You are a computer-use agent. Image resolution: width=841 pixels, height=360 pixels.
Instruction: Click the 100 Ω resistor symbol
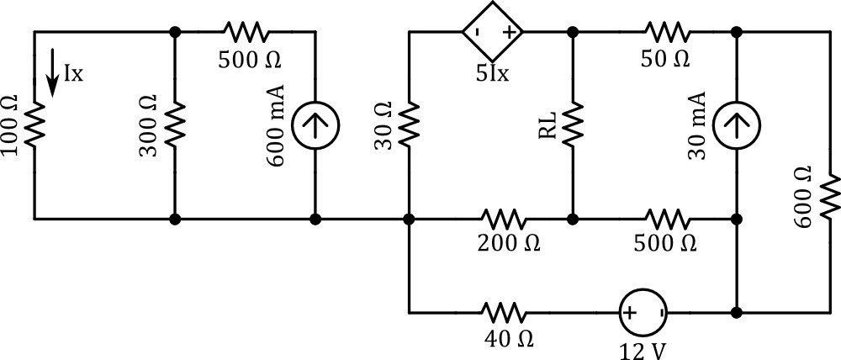click(x=35, y=125)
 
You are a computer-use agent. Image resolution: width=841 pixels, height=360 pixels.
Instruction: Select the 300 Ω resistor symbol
click(x=175, y=125)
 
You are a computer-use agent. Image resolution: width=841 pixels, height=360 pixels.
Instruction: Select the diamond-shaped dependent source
click(x=492, y=33)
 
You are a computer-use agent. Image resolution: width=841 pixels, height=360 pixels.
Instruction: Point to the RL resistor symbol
click(x=573, y=125)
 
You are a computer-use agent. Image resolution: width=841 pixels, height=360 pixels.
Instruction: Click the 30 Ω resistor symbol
click(x=410, y=125)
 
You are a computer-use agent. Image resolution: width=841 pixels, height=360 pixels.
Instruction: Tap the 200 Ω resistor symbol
click(x=503, y=220)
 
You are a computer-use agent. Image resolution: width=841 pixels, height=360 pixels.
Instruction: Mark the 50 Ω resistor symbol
click(x=667, y=33)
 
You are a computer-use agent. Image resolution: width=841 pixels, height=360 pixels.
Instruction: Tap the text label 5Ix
click(x=490, y=73)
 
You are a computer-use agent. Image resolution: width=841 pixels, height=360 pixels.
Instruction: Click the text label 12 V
click(x=643, y=348)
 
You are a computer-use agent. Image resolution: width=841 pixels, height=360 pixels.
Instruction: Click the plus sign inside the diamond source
click(x=509, y=33)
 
